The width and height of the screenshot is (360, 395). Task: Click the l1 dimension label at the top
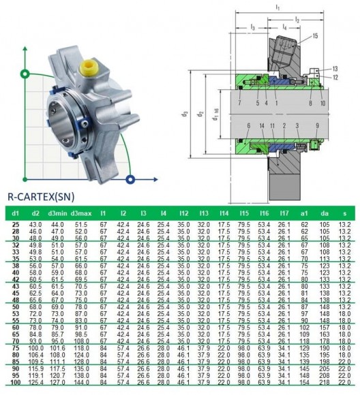(276, 5)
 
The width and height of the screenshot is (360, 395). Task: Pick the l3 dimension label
(252, 27)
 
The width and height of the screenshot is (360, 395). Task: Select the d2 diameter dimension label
(201, 114)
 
